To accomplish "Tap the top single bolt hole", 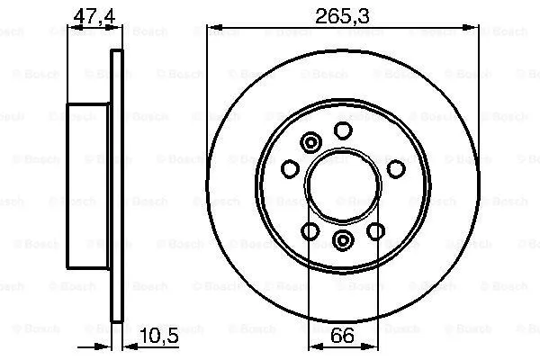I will pos(342,131).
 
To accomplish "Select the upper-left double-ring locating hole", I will pos(311,142).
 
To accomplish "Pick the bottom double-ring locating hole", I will pos(343,239).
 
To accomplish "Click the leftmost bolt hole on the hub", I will pos(290,168).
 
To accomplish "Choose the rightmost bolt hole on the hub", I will pos(395,168).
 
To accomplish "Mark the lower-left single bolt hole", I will pos(310,231).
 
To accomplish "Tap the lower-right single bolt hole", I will pos(375,231).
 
